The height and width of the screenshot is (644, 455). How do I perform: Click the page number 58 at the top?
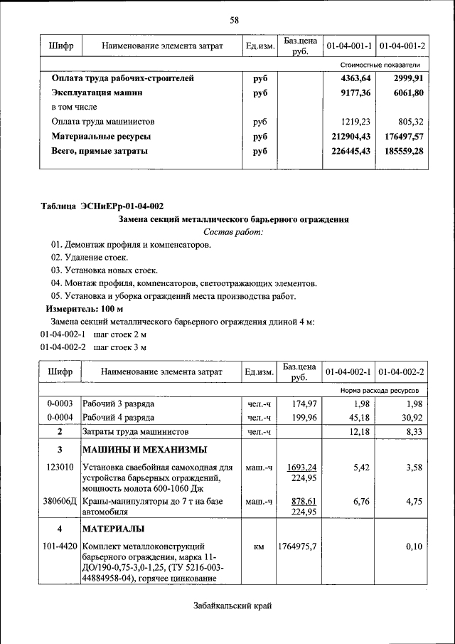click(x=233, y=19)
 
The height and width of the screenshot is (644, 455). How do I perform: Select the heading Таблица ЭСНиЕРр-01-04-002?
click(x=101, y=206)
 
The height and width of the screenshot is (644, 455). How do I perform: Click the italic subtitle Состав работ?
click(x=232, y=232)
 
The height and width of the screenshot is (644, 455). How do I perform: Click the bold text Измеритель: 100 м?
click(x=85, y=310)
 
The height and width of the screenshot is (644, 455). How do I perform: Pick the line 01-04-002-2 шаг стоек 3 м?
click(x=93, y=347)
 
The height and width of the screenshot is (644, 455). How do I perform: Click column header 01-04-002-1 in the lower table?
click(x=348, y=372)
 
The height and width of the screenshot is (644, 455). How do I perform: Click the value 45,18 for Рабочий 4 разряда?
click(x=356, y=418)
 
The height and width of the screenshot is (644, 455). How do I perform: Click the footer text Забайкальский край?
click(x=232, y=606)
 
